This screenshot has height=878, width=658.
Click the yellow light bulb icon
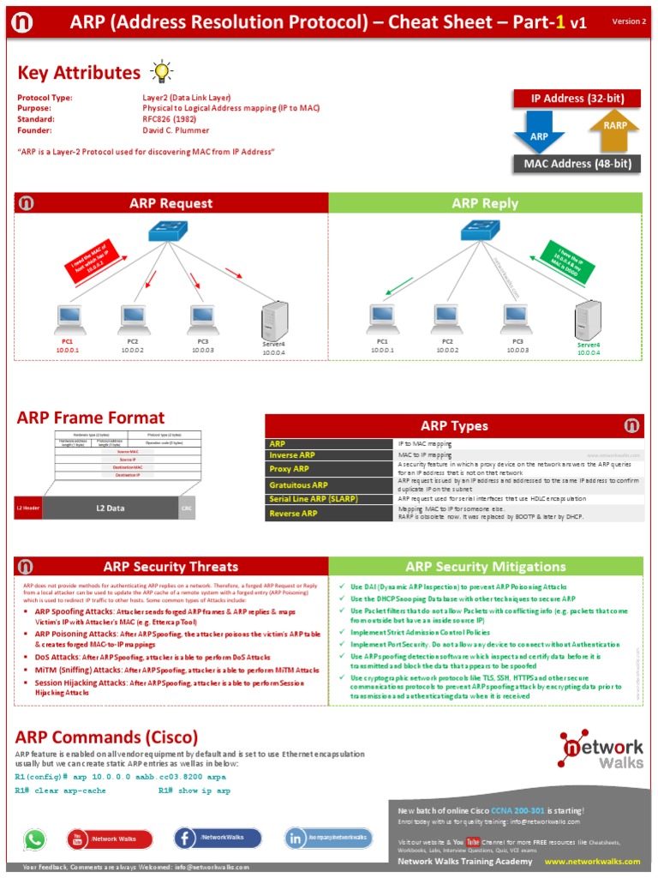pyautogui.click(x=160, y=71)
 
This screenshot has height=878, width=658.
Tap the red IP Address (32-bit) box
pyautogui.click(x=577, y=99)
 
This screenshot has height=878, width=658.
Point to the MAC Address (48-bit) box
pyautogui.click(x=577, y=164)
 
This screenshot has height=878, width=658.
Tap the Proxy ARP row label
pyautogui.click(x=290, y=469)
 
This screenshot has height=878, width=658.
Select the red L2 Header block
pyautogui.click(x=28, y=508)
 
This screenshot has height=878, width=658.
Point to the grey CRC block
pyautogui.click(x=187, y=508)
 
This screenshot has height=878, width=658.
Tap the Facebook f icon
pyautogui.click(x=186, y=838)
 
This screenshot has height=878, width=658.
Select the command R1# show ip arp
pyautogui.click(x=194, y=791)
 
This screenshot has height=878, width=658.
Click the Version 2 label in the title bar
pyautogui.click(x=629, y=21)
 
